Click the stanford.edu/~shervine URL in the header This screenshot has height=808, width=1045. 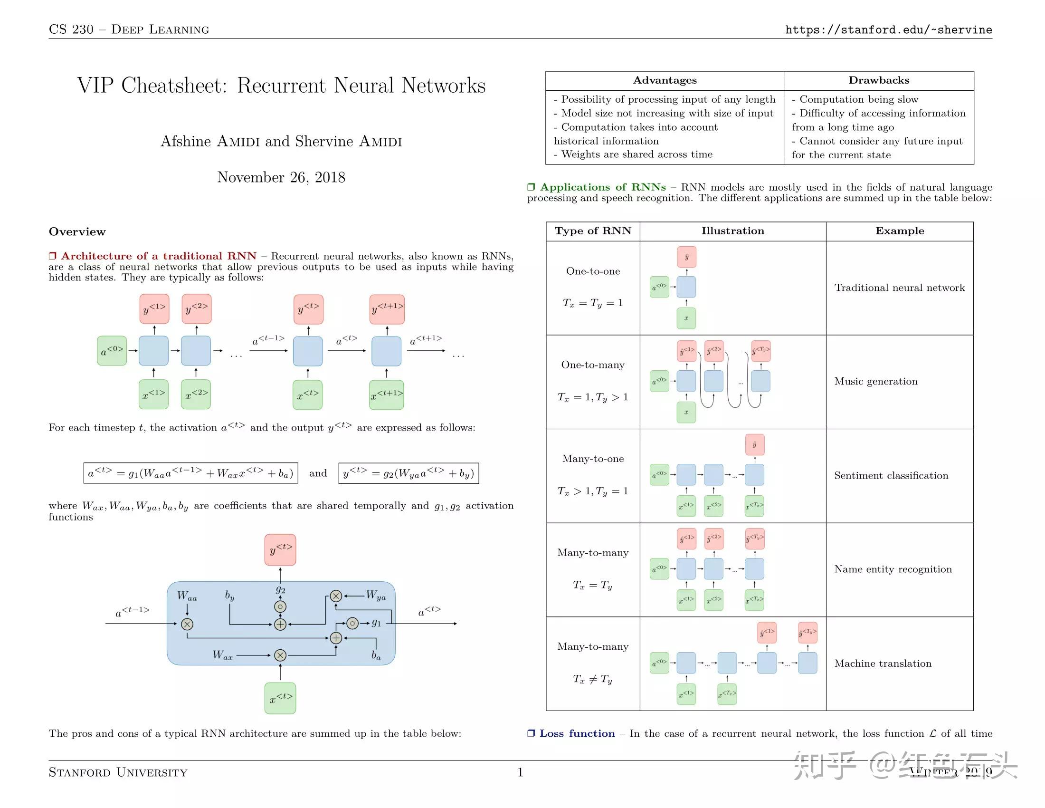click(888, 29)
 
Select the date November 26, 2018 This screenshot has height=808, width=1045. click(281, 177)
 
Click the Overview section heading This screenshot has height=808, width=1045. click(77, 231)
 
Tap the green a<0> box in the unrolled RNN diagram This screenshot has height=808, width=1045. click(112, 351)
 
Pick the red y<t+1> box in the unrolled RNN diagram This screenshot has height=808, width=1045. click(387, 309)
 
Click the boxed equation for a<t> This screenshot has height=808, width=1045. click(190, 473)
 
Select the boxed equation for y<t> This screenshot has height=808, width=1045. click(408, 473)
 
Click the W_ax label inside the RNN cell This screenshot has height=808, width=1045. click(223, 655)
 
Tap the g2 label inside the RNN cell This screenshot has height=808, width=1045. click(280, 589)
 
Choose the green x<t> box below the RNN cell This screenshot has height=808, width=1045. click(280, 698)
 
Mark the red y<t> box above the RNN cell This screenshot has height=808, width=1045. click(280, 549)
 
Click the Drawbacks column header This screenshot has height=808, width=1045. click(878, 80)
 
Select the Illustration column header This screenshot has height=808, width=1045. click(732, 231)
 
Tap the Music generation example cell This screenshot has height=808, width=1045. click(875, 382)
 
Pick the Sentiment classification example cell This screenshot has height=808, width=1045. click(891, 475)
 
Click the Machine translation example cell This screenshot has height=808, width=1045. click(883, 664)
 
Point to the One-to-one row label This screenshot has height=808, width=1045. click(593, 271)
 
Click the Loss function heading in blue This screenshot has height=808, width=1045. click(577, 733)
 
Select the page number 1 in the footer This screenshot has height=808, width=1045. click(520, 771)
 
